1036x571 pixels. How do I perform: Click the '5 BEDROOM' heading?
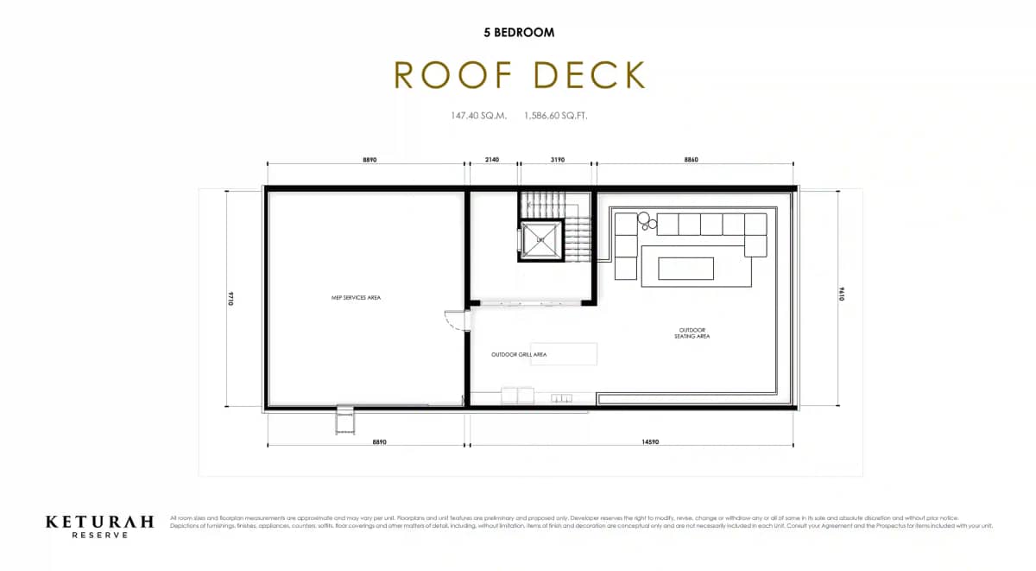[518, 33]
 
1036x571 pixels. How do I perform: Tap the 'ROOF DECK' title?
[519, 75]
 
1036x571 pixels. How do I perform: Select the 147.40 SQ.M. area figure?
[477, 115]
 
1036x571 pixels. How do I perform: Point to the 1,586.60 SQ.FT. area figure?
[556, 115]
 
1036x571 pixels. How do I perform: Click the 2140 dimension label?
[492, 160]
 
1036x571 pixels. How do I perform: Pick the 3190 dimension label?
[558, 160]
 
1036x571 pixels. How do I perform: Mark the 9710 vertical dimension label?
[232, 298]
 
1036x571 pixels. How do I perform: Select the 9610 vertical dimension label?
[840, 298]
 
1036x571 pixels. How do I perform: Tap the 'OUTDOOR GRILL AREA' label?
[518, 354]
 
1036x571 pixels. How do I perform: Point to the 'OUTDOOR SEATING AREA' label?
[692, 333]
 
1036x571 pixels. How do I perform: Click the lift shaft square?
[541, 239]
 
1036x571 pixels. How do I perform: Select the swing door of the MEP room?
[454, 320]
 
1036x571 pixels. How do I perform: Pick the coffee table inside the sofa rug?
[686, 269]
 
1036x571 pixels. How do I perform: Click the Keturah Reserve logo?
[99, 525]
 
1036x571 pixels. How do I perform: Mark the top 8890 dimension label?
[369, 160]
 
